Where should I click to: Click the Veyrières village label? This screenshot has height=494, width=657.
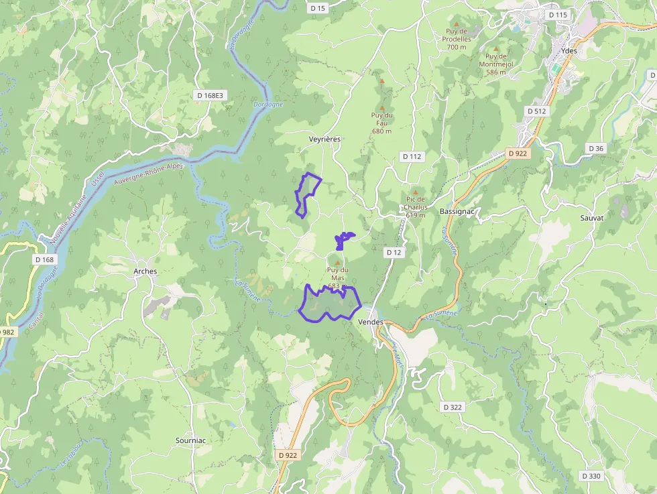pyautogui.click(x=324, y=139)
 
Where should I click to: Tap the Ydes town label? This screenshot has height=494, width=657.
pyautogui.click(x=569, y=51)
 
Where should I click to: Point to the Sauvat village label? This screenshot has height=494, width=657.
pyautogui.click(x=592, y=218)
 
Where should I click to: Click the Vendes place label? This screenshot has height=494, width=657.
pyautogui.click(x=371, y=322)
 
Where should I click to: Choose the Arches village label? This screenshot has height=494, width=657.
pyautogui.click(x=145, y=271)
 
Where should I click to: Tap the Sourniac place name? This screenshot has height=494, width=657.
pyautogui.click(x=190, y=440)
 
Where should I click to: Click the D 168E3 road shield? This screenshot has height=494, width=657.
pyautogui.click(x=210, y=95)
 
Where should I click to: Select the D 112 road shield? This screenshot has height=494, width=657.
pyautogui.click(x=412, y=156)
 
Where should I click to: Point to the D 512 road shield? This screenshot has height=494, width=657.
pyautogui.click(x=537, y=111)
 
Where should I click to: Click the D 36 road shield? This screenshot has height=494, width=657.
pyautogui.click(x=595, y=148)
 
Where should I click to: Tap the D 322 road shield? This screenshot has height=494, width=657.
pyautogui.click(x=453, y=407)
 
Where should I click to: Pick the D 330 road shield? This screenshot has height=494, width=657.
pyautogui.click(x=591, y=476)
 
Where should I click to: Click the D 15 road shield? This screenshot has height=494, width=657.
pyautogui.click(x=318, y=8)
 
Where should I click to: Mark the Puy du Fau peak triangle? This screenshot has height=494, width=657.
pyautogui.click(x=382, y=107)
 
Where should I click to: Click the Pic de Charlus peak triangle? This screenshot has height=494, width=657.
pyautogui.click(x=415, y=192)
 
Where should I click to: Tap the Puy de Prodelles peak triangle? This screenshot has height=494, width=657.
pyautogui.click(x=457, y=23)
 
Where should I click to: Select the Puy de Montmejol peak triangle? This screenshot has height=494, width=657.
pyautogui.click(x=496, y=48)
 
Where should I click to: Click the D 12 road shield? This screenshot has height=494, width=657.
pyautogui.click(x=394, y=252)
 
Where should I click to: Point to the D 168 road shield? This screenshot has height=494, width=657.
pyautogui.click(x=44, y=259)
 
